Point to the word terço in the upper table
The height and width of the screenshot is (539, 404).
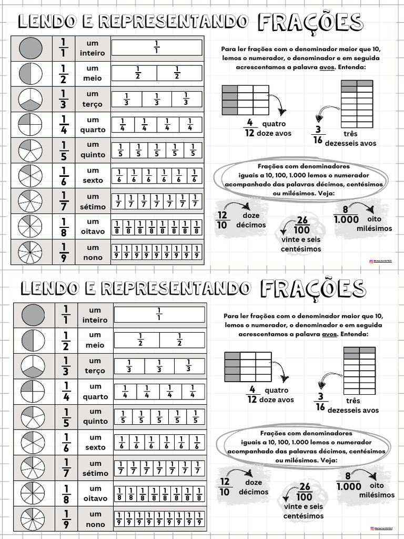coord(93,104)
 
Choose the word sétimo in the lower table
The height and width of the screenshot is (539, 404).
coord(95,473)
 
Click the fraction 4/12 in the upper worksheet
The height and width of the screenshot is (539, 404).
coord(249,127)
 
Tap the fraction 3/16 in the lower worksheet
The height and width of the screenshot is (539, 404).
coord(319,402)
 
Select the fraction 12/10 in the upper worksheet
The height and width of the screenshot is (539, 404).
coord(223,220)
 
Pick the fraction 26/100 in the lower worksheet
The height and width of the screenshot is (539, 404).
coord(304,492)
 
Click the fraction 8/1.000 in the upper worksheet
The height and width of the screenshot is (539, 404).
coord(347,214)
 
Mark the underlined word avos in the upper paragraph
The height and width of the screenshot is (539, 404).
coord(328,68)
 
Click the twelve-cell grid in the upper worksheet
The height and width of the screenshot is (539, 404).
coord(245,99)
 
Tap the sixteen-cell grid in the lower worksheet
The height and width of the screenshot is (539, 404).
coord(359,367)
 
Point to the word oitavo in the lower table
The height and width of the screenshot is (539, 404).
coord(95,498)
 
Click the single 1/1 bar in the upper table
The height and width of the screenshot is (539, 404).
coord(157,48)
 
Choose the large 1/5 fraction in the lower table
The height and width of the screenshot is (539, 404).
coord(66,416)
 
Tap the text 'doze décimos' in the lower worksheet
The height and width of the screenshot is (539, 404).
coord(253,487)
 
